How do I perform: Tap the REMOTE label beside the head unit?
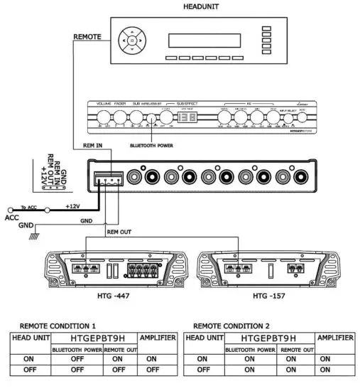coord(88,36)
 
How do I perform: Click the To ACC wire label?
coord(31,205)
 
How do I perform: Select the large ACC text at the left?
coord(12,218)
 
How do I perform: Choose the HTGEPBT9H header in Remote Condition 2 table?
coord(269,338)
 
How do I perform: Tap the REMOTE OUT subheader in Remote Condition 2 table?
coord(297,349)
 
